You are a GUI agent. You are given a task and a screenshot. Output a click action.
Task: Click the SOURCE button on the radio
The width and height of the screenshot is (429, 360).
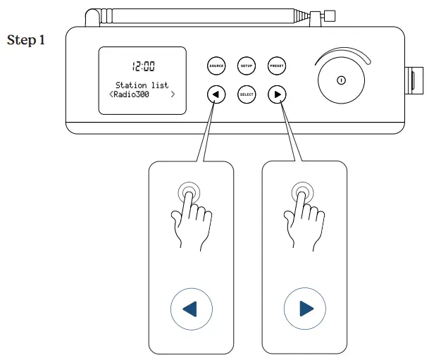(216, 66)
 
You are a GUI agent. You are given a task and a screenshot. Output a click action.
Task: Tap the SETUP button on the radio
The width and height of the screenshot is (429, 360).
(247, 66)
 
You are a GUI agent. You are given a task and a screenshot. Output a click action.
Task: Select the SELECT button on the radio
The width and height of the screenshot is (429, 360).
(247, 94)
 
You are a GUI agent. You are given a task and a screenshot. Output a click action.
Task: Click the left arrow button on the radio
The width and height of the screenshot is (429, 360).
(216, 94)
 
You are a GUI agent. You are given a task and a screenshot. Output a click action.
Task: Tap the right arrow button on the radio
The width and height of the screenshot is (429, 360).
(277, 94)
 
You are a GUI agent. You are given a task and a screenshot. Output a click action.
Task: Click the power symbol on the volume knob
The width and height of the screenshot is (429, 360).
(340, 80)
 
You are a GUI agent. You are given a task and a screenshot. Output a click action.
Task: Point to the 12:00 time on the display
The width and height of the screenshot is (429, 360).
(143, 66)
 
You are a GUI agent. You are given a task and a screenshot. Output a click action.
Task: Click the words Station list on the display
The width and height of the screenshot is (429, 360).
(142, 85)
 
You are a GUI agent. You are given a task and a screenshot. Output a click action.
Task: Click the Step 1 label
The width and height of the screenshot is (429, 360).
(26, 39)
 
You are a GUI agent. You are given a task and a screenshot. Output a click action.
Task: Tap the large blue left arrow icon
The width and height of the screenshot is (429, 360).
(191, 309)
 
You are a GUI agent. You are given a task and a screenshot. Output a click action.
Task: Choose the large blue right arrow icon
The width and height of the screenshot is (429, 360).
(304, 309)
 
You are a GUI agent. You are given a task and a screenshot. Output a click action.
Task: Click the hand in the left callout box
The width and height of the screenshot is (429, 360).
(188, 218)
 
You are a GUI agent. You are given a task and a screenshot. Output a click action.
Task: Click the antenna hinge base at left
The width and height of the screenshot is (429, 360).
(91, 18)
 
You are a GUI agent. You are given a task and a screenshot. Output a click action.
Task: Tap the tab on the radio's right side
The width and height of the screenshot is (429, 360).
(409, 80)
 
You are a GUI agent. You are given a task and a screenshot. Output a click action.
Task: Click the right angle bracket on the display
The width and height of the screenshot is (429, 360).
(173, 94)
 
